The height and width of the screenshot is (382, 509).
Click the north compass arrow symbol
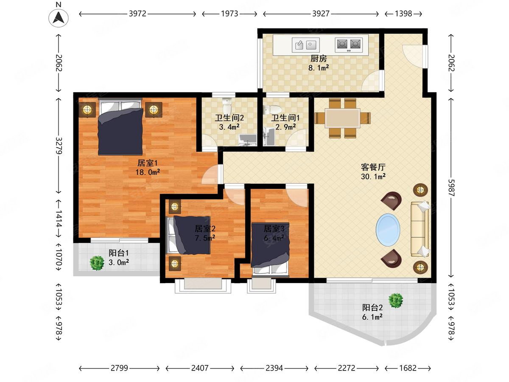pyautogui.click(x=59, y=17)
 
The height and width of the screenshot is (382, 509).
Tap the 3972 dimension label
pyautogui.click(x=137, y=14)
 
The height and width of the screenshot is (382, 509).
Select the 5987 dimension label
pyautogui.click(x=451, y=188)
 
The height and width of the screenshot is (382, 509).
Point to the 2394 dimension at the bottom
pyautogui.click(x=274, y=368)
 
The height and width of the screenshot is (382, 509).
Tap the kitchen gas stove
pyautogui.click(x=349, y=45)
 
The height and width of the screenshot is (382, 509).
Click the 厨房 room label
pyautogui.click(x=319, y=59)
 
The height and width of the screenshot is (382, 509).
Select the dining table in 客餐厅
pyautogui.click(x=342, y=118)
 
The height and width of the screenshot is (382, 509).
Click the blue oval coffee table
pyautogui.click(x=388, y=230)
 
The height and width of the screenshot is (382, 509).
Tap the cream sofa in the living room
pyautogui.click(x=420, y=229)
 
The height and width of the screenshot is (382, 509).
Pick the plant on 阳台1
pyautogui.click(x=97, y=263)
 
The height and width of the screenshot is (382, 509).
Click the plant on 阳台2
pyautogui.click(x=396, y=301)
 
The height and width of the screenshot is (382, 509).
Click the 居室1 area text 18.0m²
pyautogui.click(x=148, y=172)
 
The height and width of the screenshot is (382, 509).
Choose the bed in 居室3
pyautogui.click(x=270, y=250)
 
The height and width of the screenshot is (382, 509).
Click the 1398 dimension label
pyautogui.click(x=403, y=14)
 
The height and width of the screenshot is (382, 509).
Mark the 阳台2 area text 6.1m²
pyautogui.click(x=372, y=317)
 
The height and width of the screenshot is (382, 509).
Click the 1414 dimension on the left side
pyautogui.click(x=59, y=219)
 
